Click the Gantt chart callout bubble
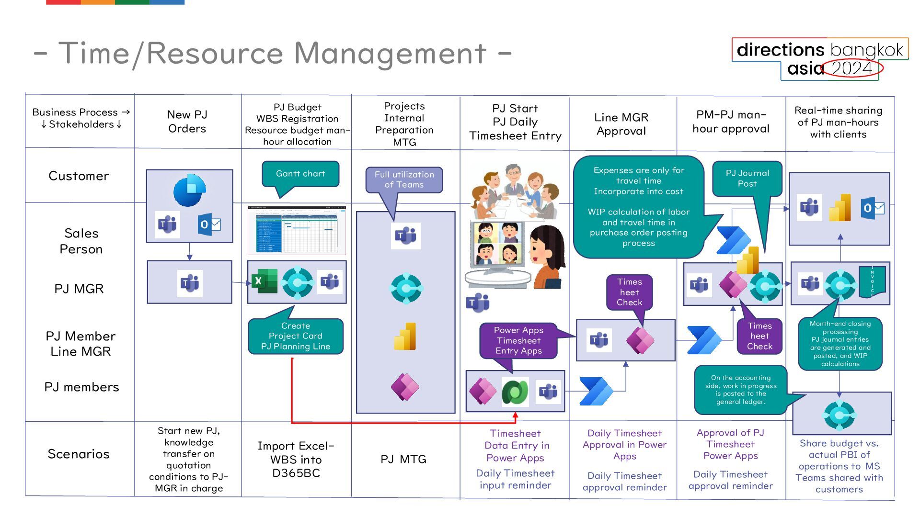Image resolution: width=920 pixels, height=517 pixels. pos(300,174)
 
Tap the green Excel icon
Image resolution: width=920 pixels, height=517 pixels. pos(264,281)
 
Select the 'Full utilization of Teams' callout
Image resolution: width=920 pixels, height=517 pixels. pos(404,180)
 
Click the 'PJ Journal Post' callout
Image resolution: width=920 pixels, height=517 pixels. pos(747,179)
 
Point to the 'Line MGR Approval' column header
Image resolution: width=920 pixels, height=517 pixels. pos(621,124)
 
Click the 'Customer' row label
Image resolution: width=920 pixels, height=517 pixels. pos(79,176)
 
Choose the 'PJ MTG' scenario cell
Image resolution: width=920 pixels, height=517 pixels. pos(403,459)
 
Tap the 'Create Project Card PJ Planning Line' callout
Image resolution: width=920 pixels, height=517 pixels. pos(296,336)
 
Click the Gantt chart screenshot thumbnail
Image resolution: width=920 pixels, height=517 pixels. pos(297,230)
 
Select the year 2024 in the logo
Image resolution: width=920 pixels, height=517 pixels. pos(852,68)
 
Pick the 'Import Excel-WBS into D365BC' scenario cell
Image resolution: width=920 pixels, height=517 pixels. pos(296,460)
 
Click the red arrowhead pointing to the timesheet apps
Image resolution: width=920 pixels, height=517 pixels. pos(515,416)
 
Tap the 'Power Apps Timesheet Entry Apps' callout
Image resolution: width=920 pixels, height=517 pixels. pos(518,340)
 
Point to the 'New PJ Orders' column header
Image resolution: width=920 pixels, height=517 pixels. pos(187,122)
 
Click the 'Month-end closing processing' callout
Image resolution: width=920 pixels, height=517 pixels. pos(840,344)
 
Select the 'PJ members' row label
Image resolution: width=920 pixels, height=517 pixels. pos(81,387)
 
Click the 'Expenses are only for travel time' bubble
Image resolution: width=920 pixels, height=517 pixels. pos(638,206)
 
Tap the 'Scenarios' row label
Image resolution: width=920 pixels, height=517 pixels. pos(79,454)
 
